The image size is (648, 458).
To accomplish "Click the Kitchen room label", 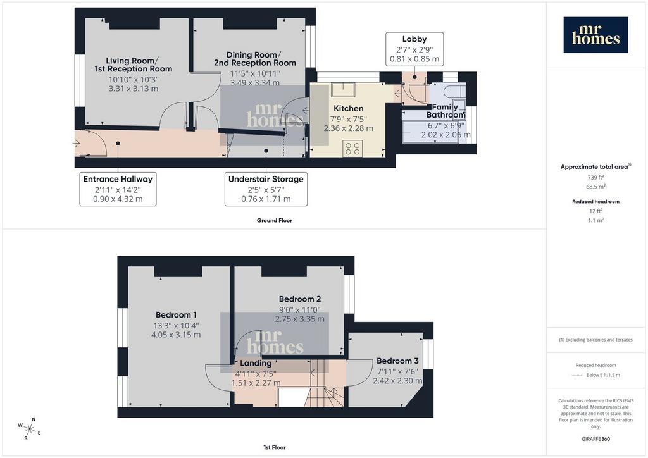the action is (x=349, y=108).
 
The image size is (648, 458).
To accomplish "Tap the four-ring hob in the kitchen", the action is (x=352, y=148).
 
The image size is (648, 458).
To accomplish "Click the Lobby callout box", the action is (x=414, y=49).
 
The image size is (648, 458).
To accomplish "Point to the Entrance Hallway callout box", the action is (x=118, y=189).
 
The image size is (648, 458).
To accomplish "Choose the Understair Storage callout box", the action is (x=266, y=189).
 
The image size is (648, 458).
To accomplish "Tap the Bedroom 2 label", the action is (x=299, y=299).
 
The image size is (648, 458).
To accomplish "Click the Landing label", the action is (x=256, y=363).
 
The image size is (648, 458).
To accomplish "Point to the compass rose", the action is (x=29, y=429).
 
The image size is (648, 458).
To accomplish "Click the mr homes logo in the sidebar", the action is (x=595, y=35).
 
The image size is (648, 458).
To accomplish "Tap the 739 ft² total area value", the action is (x=595, y=177).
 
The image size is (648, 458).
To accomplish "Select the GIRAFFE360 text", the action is (x=595, y=439).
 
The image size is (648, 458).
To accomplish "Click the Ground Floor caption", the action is (x=275, y=221).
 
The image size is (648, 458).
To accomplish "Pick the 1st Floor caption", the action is (x=275, y=447).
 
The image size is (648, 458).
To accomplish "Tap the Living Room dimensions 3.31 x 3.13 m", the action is (x=134, y=89).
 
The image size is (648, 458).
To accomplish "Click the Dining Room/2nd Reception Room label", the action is (x=254, y=59).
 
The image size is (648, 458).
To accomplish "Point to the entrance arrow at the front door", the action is (x=76, y=144).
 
